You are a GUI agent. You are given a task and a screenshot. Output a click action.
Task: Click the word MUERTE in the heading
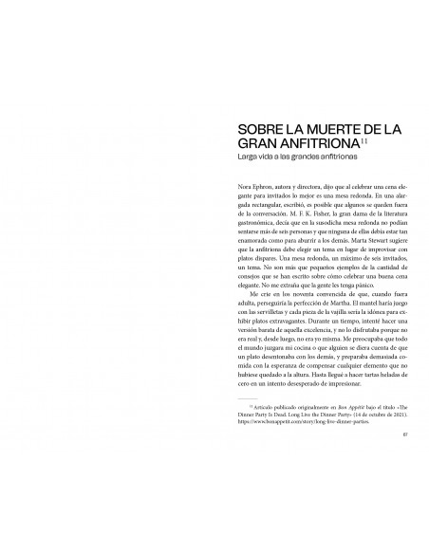pyautogui.click(x=303, y=127)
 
